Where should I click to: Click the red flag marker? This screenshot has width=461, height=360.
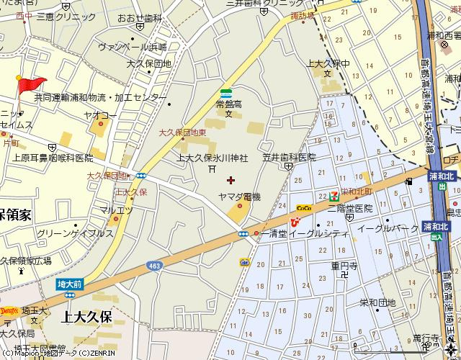pyautogui.click(x=30, y=85)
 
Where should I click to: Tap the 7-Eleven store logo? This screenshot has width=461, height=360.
pyautogui.click(x=334, y=196)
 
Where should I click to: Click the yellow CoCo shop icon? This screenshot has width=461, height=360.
pyautogui.click(x=303, y=208)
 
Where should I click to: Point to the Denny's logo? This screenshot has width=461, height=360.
pyautogui.click(x=9, y=311)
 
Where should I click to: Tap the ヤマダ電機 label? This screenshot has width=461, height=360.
pyautogui.click(x=239, y=197)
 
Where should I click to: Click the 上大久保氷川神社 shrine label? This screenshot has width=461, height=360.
pyautogui.click(x=212, y=158)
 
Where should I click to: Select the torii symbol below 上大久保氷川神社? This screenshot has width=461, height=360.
pyautogui.click(x=211, y=168)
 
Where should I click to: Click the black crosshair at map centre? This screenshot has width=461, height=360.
pyautogui.click(x=230, y=180)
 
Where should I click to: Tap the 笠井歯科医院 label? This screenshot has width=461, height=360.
pyautogui.click(x=289, y=157)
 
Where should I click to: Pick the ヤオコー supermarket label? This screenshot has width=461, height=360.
pyautogui.click(x=100, y=114)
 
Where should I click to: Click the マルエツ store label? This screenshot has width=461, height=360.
pyautogui.click(x=116, y=210)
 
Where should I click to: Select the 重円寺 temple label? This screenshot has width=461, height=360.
pyautogui.click(x=344, y=264)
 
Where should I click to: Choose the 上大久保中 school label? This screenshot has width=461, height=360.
pyautogui.click(x=328, y=63)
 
